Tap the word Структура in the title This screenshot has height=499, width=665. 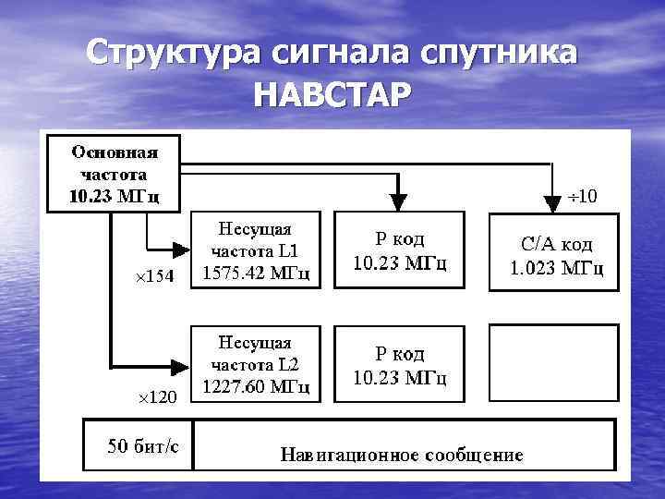(173, 52)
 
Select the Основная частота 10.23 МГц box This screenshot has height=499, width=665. (115, 173)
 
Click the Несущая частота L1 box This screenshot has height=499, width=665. (255, 249)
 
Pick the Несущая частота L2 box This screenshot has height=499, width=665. (255, 362)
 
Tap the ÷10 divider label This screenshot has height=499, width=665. (583, 196)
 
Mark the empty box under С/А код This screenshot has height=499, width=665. (551, 362)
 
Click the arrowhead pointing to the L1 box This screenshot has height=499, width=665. (179, 249)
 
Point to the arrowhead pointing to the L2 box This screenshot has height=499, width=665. (179, 362)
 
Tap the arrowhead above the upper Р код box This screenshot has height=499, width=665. (398, 201)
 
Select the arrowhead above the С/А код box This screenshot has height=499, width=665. (551, 201)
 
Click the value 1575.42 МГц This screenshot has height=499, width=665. (255, 274)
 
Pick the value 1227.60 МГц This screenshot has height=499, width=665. (255, 386)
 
